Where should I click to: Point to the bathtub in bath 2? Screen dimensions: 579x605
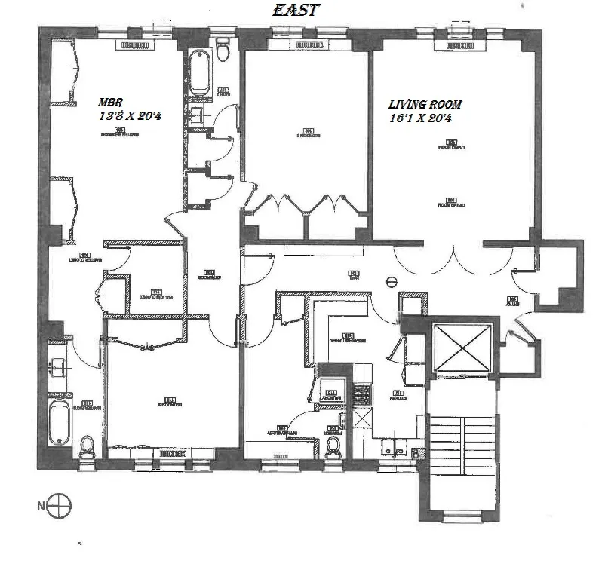click(199, 72)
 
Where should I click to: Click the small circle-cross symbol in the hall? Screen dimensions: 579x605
click(391, 282)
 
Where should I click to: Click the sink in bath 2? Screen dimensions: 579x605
click(198, 116)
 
